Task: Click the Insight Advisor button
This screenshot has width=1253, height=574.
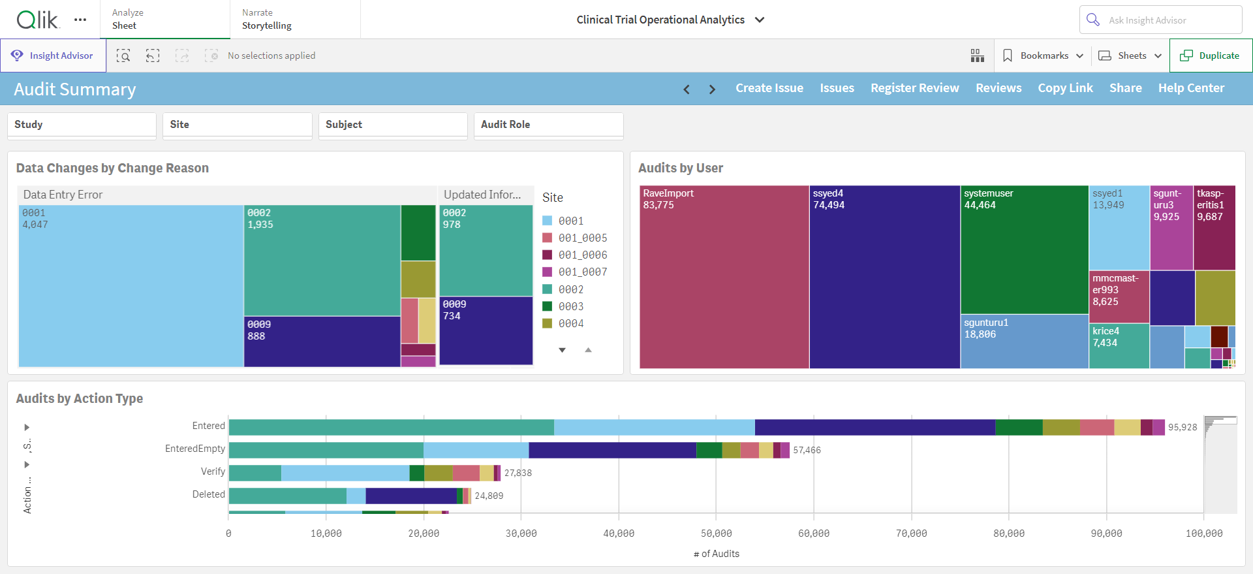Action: pyautogui.click(x=53, y=56)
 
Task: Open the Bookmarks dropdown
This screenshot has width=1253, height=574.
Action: pyautogui.click(x=1043, y=56)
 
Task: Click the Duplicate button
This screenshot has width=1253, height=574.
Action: pyautogui.click(x=1211, y=56)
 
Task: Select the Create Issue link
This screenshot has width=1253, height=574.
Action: pyautogui.click(x=769, y=88)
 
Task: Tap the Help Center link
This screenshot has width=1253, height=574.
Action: pyautogui.click(x=1191, y=88)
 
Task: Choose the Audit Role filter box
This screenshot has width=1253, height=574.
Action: pyautogui.click(x=549, y=125)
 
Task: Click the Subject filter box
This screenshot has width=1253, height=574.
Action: pyautogui.click(x=393, y=125)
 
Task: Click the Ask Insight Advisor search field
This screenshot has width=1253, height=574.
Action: pyautogui.click(x=1160, y=20)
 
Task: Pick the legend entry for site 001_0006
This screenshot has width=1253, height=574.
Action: pyautogui.click(x=575, y=255)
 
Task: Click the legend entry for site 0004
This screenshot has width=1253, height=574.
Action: pyautogui.click(x=563, y=323)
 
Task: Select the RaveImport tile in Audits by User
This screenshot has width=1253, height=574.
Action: pyautogui.click(x=724, y=277)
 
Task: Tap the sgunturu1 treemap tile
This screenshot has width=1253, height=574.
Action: pyautogui.click(x=1025, y=342)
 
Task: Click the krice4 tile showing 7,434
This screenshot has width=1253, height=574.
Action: pyautogui.click(x=1119, y=346)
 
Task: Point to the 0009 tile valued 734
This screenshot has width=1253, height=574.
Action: pyautogui.click(x=486, y=331)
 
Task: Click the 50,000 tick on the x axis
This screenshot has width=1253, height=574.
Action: pyautogui.click(x=717, y=534)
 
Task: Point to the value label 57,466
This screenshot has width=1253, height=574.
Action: pyautogui.click(x=807, y=450)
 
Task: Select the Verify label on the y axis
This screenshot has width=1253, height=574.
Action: pyautogui.click(x=213, y=471)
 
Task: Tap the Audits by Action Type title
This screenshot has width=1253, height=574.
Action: pyautogui.click(x=80, y=398)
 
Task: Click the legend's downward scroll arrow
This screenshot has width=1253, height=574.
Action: pyautogui.click(x=562, y=351)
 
